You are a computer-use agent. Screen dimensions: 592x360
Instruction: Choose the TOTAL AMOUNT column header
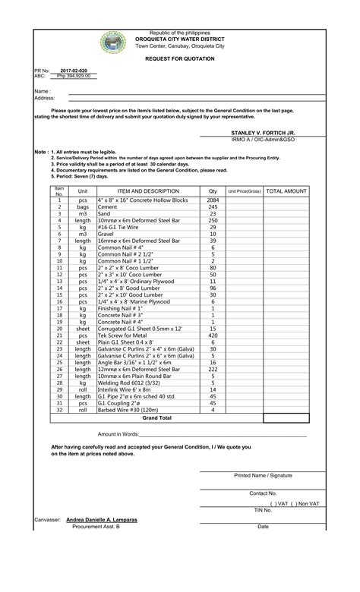click(x=286, y=191)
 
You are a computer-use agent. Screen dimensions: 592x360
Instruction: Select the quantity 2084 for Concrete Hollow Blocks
click(x=213, y=200)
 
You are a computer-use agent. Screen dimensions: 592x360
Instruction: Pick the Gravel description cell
click(x=107, y=235)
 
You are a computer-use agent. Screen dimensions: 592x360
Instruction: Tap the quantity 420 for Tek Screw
click(x=213, y=335)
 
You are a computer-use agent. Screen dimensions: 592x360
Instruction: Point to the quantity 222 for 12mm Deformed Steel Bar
click(x=213, y=370)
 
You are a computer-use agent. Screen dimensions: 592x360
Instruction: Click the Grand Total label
click(x=157, y=418)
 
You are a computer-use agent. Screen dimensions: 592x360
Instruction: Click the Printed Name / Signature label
click(x=263, y=475)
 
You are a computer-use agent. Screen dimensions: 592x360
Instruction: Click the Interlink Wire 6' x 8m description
click(x=124, y=390)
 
